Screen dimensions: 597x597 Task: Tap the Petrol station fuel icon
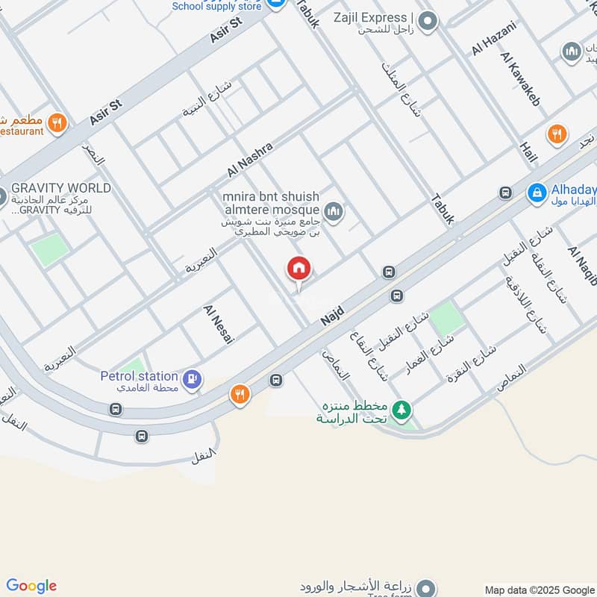pyautogui.click(x=193, y=378)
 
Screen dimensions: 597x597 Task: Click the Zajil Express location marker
pyautogui.click(x=428, y=22)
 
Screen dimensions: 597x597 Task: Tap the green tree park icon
pyautogui.click(x=402, y=410)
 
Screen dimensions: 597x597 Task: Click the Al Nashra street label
pyautogui.click(x=250, y=159)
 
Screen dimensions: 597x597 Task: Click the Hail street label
pyautogui.click(x=528, y=157)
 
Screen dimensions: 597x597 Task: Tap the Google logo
pyautogui.click(x=31, y=586)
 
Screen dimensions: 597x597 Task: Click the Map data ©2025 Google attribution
pyautogui.click(x=539, y=590)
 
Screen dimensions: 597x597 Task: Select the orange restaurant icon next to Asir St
pyautogui.click(x=57, y=122)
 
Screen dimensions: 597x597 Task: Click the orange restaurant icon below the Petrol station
pyautogui.click(x=240, y=394)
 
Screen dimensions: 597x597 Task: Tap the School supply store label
pyautogui.click(x=217, y=6)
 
